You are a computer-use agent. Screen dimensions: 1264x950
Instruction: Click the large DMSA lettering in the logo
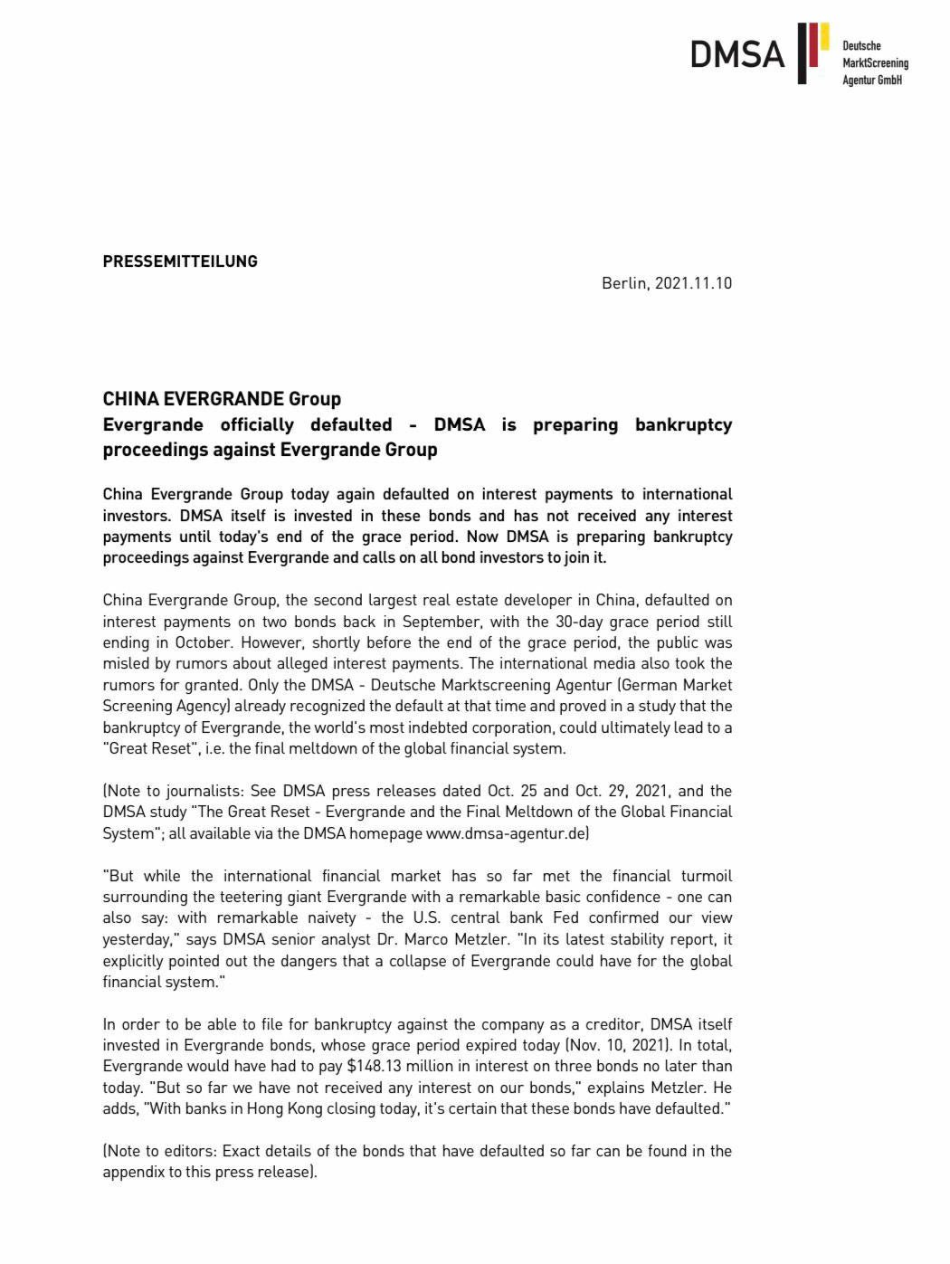pyautogui.click(x=737, y=54)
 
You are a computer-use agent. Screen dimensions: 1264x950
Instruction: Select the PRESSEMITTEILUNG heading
pyautogui.click(x=180, y=261)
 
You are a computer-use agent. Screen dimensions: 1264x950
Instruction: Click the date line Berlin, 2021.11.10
pyautogui.click(x=667, y=283)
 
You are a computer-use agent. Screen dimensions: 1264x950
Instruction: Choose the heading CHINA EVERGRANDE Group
pyautogui.click(x=222, y=399)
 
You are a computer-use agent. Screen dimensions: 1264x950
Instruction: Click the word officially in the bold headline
pyautogui.click(x=257, y=424)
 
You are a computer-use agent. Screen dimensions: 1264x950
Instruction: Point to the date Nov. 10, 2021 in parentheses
pyautogui.click(x=616, y=1045)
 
